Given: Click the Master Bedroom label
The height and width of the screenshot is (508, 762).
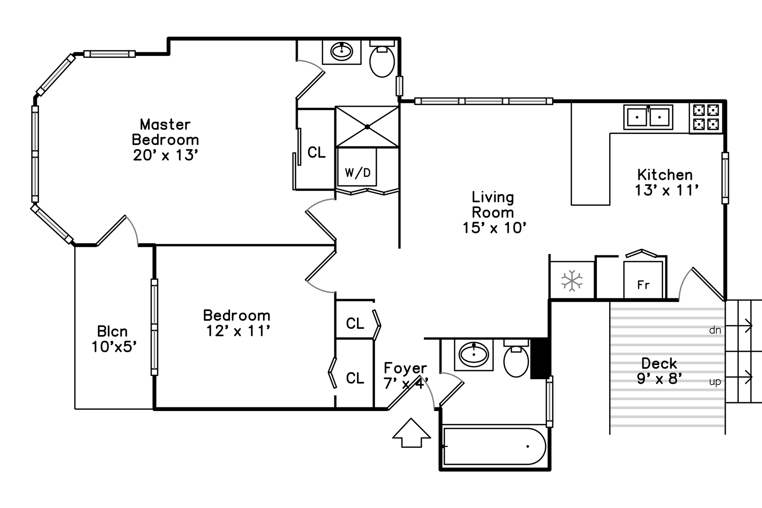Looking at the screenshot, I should click(165, 139).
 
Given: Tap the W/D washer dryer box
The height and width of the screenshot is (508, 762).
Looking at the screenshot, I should click(357, 173).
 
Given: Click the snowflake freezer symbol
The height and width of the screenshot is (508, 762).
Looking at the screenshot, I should click(571, 281).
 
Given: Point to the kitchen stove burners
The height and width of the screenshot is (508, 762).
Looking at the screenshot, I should click(706, 117).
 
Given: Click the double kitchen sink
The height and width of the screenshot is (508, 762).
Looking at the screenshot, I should click(648, 117).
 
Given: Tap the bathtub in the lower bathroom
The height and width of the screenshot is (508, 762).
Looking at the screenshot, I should click(494, 446).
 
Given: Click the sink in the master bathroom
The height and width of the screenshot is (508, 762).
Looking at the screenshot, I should click(341, 51).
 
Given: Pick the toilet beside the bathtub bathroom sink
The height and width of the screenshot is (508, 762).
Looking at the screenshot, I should click(516, 359).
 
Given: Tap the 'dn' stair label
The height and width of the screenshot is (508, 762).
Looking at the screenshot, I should click(715, 330).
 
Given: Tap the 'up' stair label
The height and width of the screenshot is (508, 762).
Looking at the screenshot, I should click(715, 381).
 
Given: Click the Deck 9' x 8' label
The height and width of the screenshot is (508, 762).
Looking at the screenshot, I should click(659, 371).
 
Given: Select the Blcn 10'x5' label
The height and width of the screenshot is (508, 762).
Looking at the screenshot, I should click(113, 339).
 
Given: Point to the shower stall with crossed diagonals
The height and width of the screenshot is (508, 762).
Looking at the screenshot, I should click(367, 127).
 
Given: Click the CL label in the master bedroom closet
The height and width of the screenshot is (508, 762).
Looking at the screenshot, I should click(316, 152).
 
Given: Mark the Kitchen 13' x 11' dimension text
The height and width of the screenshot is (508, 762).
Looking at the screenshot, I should click(666, 190).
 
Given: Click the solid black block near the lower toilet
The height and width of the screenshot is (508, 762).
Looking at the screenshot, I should click(540, 358).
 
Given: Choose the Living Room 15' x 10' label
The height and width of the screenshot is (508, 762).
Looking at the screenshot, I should click(493, 212).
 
